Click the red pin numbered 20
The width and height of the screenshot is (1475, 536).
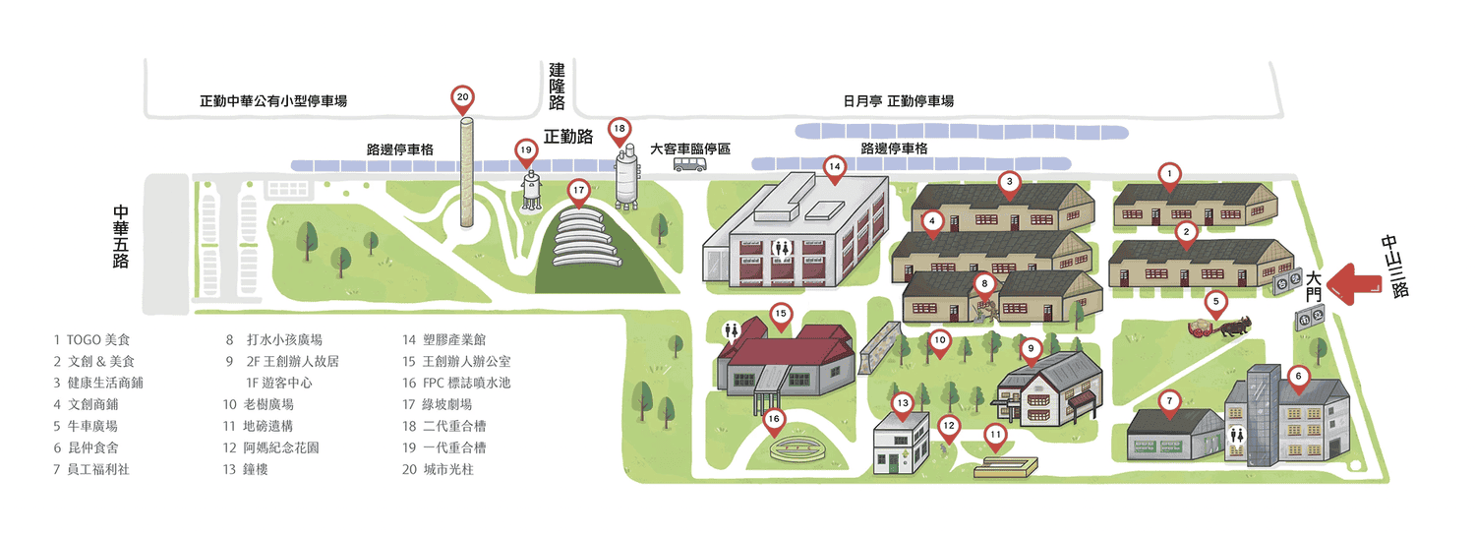(x=462, y=99)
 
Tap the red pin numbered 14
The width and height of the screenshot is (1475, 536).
(x=834, y=169)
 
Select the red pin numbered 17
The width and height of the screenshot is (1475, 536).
(x=578, y=193)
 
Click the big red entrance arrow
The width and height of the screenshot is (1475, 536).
(x=1353, y=284)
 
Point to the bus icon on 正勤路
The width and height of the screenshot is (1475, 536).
(x=689, y=164)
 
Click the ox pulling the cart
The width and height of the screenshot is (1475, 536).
(x=1235, y=327)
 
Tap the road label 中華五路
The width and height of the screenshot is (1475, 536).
(x=121, y=237)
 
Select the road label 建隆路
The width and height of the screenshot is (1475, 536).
(x=557, y=87)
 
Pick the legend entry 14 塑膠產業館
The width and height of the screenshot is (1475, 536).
(x=443, y=339)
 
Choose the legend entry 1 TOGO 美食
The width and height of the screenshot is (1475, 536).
(x=91, y=339)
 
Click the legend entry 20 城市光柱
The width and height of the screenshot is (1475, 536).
(x=438, y=469)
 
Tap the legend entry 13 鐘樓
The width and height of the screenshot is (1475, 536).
(x=245, y=469)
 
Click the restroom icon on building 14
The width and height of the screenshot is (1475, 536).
(x=782, y=248)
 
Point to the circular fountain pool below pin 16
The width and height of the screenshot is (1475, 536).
(x=800, y=449)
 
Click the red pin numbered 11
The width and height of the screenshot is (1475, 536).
(x=995, y=438)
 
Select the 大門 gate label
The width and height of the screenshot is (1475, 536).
(x=1314, y=286)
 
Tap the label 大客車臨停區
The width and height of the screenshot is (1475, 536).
(x=690, y=149)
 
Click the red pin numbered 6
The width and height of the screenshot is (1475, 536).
(x=1298, y=380)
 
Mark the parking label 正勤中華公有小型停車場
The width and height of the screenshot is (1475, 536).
(x=273, y=100)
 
